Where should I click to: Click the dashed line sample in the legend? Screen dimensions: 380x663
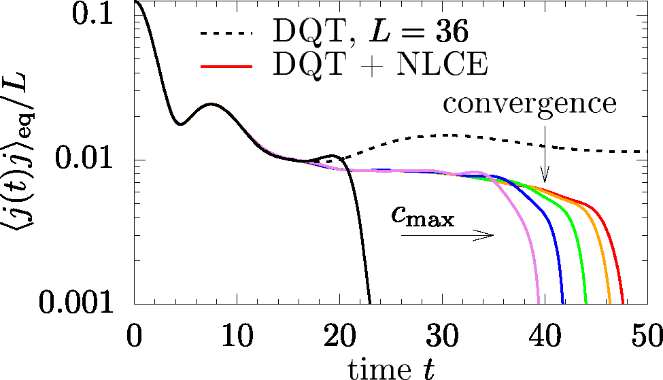pos(226,33)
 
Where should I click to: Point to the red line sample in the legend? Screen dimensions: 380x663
pos(226,67)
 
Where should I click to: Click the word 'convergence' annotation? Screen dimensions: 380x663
pos(530,104)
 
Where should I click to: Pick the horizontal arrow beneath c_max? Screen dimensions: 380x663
pos(447,235)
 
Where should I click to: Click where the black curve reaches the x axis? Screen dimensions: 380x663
pos(369,303)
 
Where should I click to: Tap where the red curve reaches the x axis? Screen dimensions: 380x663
pos(624,303)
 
